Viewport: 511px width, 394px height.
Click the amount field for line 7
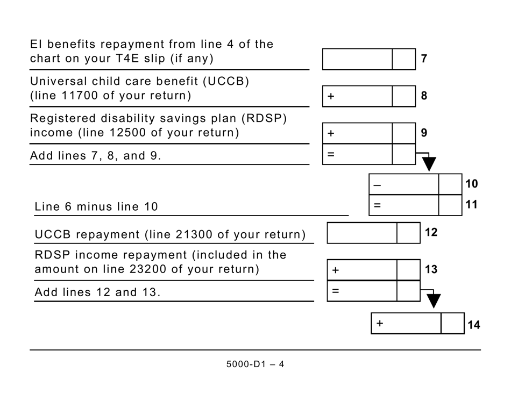[x=357, y=59]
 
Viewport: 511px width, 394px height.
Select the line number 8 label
[x=424, y=96]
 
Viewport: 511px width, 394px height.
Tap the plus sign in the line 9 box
[x=331, y=133]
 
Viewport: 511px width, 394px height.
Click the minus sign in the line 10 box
[x=377, y=185]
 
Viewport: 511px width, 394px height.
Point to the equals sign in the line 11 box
[x=377, y=205]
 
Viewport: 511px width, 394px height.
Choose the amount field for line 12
[x=362, y=233]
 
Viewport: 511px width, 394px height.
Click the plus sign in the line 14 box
[x=380, y=324]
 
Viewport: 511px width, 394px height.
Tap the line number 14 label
[x=473, y=325]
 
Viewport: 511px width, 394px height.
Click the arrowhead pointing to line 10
[x=429, y=164]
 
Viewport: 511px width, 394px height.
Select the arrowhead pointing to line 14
[x=433, y=301]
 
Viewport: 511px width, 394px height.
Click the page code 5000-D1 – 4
[x=255, y=364]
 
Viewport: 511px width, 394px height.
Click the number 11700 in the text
[x=79, y=96]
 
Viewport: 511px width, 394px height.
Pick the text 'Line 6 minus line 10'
[x=96, y=207]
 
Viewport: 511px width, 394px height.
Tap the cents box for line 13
[x=408, y=270]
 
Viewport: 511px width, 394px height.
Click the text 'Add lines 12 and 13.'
[x=97, y=293]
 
